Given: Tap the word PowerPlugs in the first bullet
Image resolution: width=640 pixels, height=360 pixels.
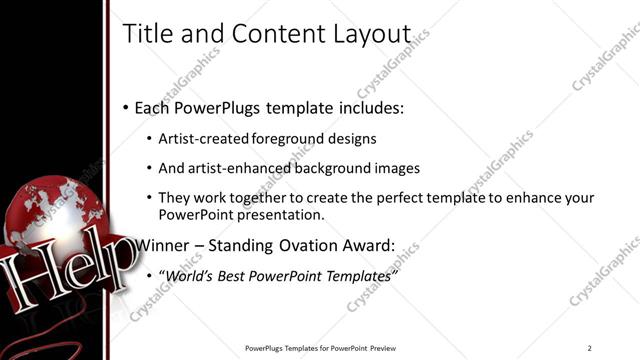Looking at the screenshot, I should (215, 107).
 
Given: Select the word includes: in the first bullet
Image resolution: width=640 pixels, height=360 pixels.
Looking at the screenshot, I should (369, 107).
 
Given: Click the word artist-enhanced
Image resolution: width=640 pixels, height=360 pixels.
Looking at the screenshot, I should (226, 169).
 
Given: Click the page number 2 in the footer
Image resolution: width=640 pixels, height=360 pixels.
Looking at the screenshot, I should (590, 348).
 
